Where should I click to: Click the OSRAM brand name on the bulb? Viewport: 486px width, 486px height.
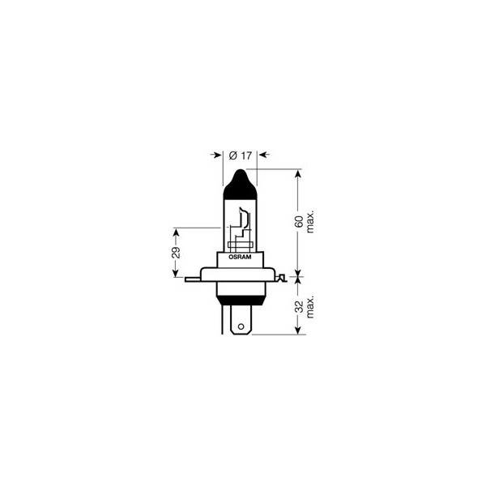[240, 256]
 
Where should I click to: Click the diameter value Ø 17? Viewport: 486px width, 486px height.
[240, 154]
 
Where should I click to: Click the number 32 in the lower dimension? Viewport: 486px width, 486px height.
[299, 307]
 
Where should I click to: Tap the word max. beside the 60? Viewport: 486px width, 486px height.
[311, 220]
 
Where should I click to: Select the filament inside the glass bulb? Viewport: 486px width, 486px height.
[242, 224]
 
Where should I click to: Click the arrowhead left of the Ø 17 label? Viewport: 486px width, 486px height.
[217, 154]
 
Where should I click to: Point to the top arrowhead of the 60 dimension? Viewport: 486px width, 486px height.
[299, 173]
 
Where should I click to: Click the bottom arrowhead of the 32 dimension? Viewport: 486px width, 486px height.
[299, 330]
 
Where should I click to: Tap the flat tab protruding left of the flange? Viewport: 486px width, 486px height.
[192, 279]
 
